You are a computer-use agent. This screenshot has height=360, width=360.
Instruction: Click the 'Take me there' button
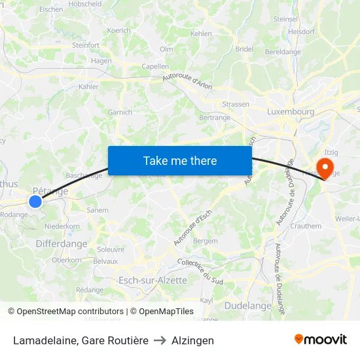180,160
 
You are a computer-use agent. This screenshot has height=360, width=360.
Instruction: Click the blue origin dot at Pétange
35,202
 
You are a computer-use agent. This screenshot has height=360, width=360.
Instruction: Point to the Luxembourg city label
291,112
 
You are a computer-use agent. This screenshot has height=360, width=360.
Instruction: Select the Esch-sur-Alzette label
153,280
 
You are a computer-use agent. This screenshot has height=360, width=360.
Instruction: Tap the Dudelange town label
247,306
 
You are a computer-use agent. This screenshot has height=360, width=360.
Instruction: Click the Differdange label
61,243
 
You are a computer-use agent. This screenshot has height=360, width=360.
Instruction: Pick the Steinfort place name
85,45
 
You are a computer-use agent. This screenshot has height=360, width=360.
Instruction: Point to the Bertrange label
215,118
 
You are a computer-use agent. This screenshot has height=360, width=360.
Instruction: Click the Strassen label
236,104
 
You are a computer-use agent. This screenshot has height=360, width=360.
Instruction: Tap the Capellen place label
155,66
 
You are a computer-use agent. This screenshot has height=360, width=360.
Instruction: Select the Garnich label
120,112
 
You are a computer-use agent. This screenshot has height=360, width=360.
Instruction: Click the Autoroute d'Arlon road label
187,82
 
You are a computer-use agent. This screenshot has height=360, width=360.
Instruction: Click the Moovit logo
321,340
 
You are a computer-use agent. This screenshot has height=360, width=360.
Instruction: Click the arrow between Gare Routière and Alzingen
160,340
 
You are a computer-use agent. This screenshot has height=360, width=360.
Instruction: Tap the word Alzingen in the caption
192,340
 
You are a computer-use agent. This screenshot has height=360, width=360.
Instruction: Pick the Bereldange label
283,52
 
